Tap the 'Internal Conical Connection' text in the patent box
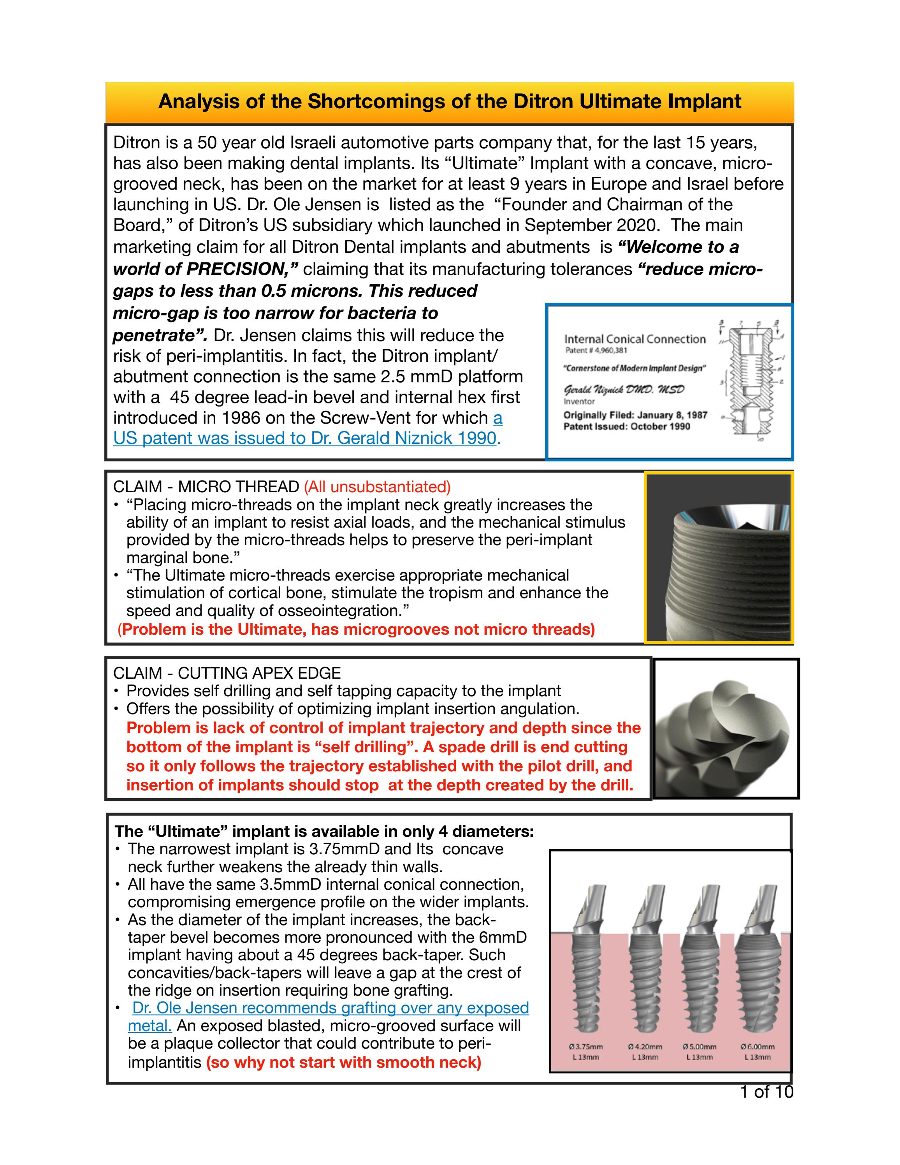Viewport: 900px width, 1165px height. point(635,339)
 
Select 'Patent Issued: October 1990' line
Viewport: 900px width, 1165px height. point(626,426)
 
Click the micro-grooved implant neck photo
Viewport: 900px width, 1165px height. point(718,558)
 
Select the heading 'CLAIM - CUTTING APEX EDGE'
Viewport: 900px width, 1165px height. point(227,673)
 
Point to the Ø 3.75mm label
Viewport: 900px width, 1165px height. point(585,1047)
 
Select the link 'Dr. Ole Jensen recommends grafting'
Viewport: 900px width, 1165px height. point(330,1008)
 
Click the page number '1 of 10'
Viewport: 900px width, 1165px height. point(766,1092)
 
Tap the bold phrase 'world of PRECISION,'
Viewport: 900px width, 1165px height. point(205,269)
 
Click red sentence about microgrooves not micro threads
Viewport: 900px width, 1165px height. point(356,630)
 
